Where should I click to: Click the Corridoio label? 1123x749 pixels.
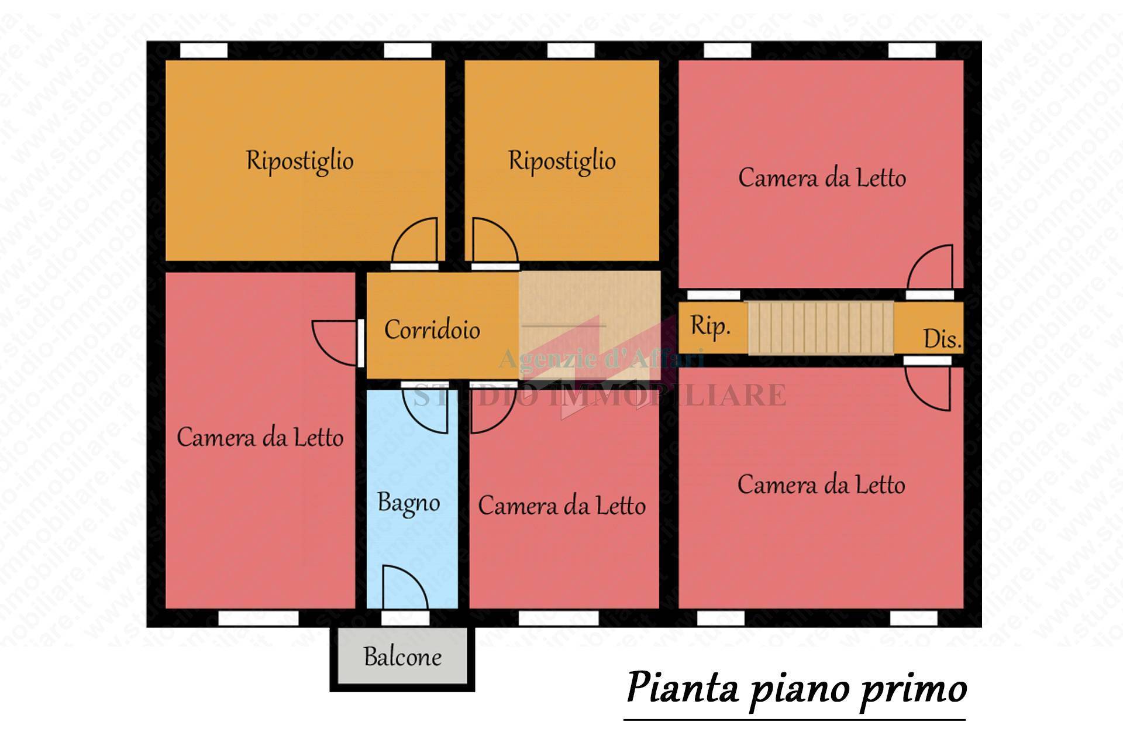pyautogui.click(x=432, y=330)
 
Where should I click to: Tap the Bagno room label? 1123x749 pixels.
pyautogui.click(x=408, y=503)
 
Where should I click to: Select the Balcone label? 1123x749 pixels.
pyautogui.click(x=402, y=657)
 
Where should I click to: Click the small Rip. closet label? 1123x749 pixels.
pyautogui.click(x=710, y=326)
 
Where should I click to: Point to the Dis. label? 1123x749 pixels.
pyautogui.click(x=942, y=339)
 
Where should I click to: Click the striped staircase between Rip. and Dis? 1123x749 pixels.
pyautogui.click(x=821, y=328)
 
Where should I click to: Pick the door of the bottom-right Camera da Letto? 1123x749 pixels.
pyautogui.click(x=928, y=387)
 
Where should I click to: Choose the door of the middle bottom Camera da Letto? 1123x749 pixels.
pyautogui.click(x=492, y=410)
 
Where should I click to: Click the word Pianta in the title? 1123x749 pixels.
pyautogui.click(x=682, y=689)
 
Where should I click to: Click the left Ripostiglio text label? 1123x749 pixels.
pyautogui.click(x=299, y=161)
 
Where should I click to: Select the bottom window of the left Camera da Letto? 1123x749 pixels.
pyautogui.click(x=258, y=619)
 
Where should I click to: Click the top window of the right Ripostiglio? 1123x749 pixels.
pyautogui.click(x=570, y=51)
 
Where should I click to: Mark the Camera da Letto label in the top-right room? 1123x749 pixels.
pyautogui.click(x=821, y=178)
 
